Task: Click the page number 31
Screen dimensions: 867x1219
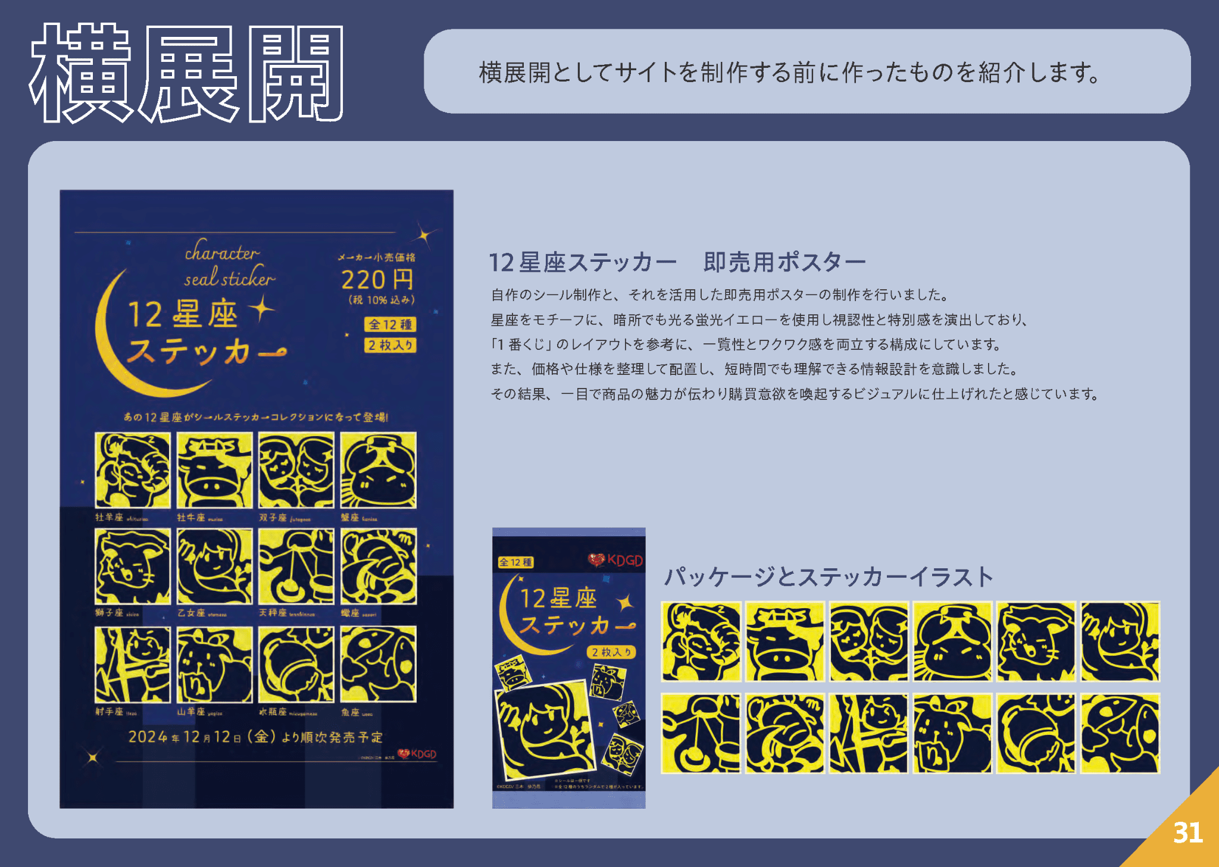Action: coord(1187,832)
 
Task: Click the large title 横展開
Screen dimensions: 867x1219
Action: coord(186,74)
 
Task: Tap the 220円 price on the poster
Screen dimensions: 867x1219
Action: coord(377,280)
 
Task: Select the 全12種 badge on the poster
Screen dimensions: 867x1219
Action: coord(390,324)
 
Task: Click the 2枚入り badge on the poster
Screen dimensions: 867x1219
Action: coord(390,345)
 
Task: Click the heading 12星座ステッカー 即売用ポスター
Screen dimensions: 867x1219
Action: coord(677,262)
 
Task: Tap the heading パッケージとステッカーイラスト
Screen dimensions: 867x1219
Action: coord(829,577)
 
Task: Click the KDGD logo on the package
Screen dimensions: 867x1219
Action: coord(616,560)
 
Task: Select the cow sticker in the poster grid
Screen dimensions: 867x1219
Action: coord(214,470)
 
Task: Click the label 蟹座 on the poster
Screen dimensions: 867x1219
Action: coord(350,518)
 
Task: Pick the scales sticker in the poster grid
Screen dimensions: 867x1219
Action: coord(296,566)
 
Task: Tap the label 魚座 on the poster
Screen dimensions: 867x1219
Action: coord(350,712)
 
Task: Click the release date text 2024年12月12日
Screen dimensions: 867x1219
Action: coord(255,737)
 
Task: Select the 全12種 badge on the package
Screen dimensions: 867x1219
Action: coord(515,562)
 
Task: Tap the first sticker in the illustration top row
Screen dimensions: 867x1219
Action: coord(701,641)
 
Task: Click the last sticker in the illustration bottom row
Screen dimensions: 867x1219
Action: coord(1120,733)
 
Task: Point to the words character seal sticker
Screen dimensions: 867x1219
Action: coord(229,266)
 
